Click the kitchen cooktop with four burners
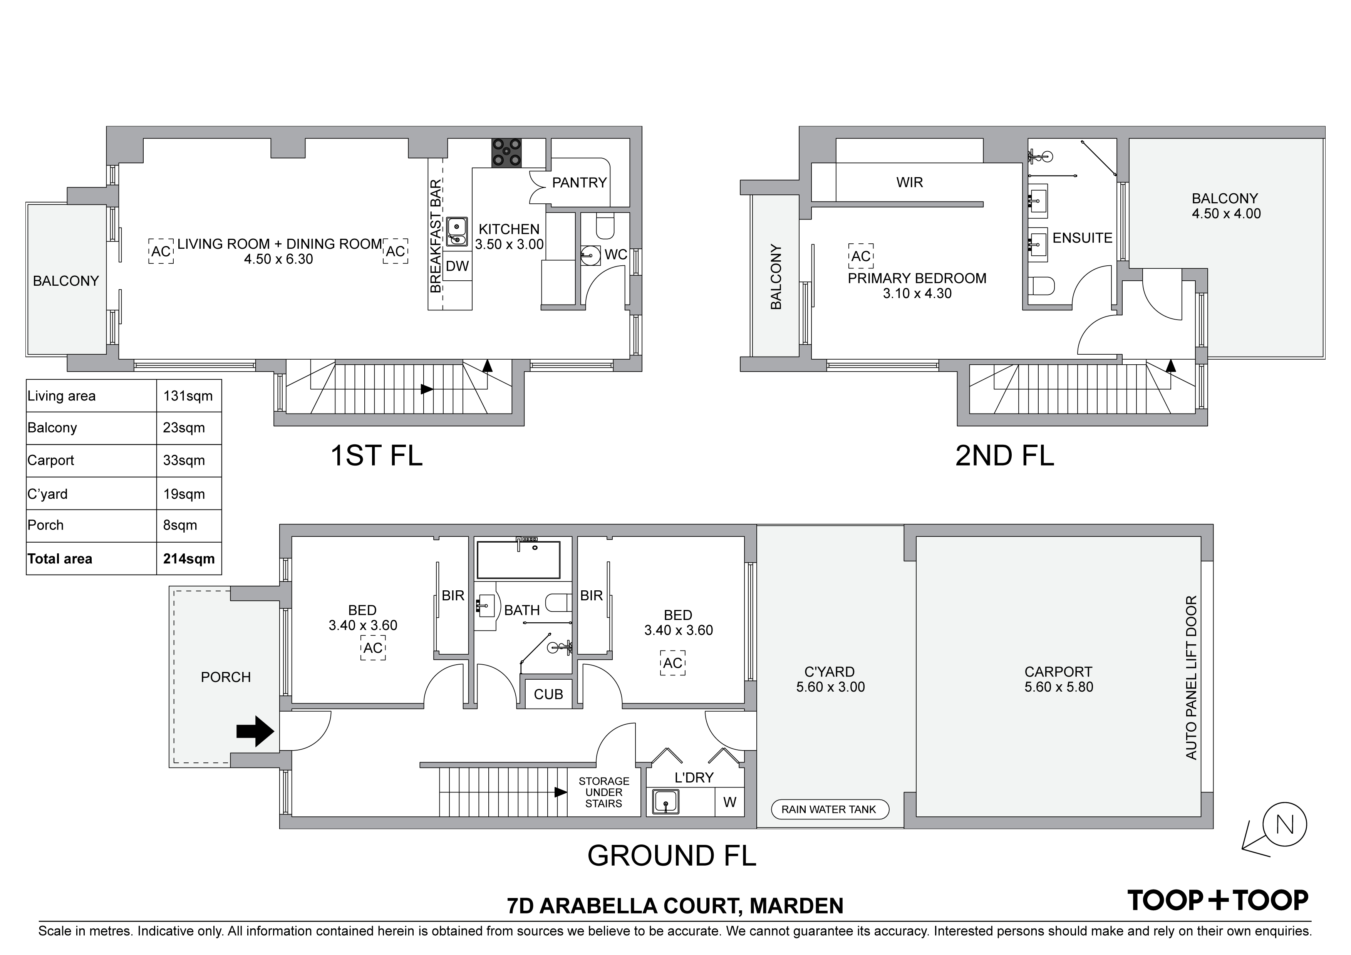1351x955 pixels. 507,152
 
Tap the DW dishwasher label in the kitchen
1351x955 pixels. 457,266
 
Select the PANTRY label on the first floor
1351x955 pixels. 579,183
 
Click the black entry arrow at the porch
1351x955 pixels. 255,731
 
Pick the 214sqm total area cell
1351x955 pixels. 189,559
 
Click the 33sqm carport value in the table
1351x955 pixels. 184,460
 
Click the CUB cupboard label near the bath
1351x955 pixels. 548,694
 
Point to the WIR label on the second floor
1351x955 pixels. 910,183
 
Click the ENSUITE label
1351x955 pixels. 1083,238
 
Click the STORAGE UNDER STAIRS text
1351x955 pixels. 604,792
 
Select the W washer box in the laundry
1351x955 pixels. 730,803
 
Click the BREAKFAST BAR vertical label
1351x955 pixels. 436,236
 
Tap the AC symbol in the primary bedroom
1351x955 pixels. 861,256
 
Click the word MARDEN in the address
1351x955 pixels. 797,906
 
